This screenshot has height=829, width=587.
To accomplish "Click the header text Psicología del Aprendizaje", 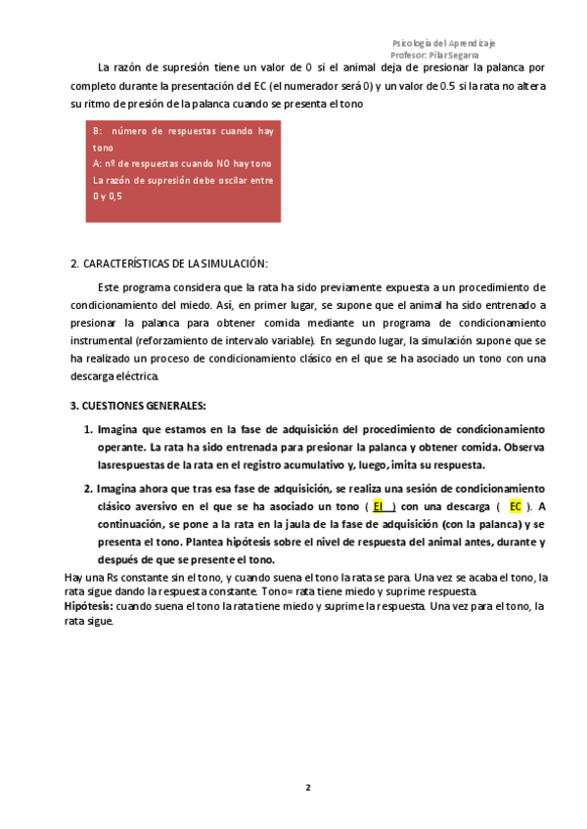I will tap(443, 44).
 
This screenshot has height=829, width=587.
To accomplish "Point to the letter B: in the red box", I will tap(97, 130).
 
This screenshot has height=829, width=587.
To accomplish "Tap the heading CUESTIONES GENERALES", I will tap(144, 405).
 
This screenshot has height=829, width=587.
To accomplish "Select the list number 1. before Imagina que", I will tap(87, 430).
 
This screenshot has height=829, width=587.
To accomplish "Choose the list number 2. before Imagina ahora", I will tap(87, 489).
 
